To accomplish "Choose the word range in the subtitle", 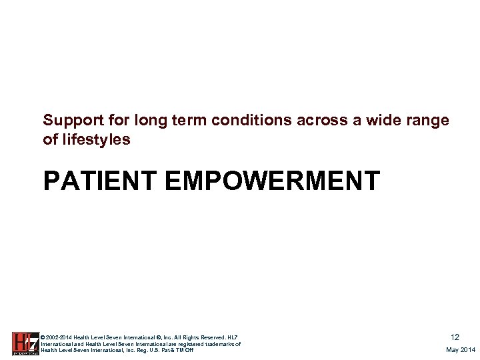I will (429, 121).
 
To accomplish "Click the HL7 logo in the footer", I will (25, 343).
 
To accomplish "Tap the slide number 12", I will (455, 337).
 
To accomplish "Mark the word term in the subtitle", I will (175, 121).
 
